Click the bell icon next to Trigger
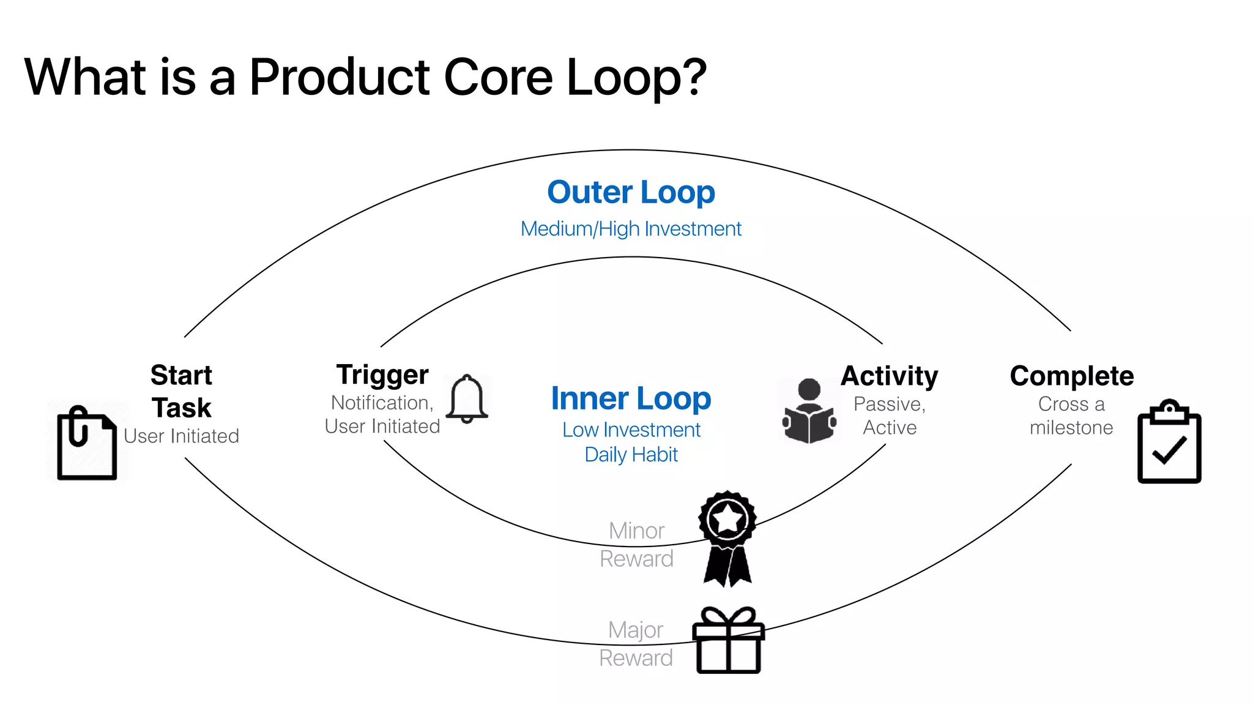click(467, 399)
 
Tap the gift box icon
click(728, 641)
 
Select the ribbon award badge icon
click(727, 537)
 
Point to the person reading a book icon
click(809, 411)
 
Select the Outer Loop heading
click(631, 192)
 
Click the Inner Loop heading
click(631, 398)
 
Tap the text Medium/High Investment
click(631, 229)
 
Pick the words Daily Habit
click(631, 455)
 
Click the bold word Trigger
click(382, 375)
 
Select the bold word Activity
click(889, 376)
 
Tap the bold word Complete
click(1071, 376)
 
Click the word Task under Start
click(182, 408)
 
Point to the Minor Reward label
click(636, 545)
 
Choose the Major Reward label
click(636, 644)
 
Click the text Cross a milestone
click(1071, 416)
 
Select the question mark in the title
click(696, 77)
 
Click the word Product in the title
click(340, 77)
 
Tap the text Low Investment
click(631, 430)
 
